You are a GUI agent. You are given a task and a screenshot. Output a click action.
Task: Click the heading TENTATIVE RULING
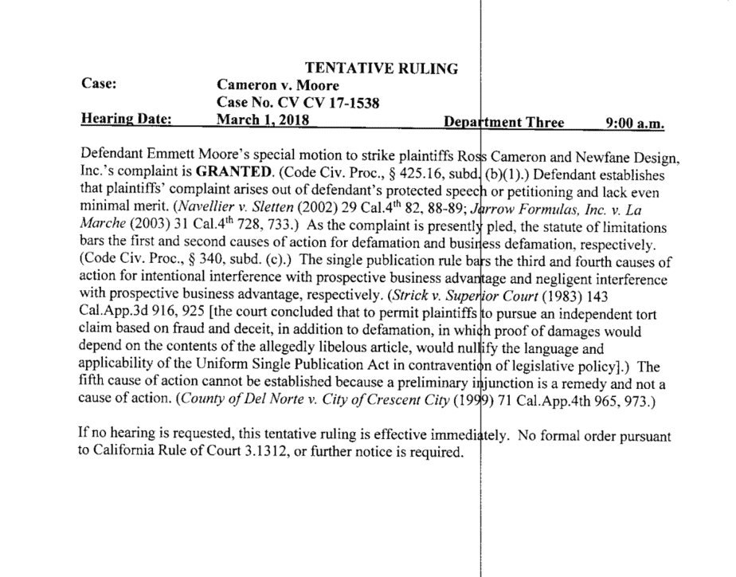pos(382,69)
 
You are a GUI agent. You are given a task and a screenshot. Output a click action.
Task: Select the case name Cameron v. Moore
pos(278,85)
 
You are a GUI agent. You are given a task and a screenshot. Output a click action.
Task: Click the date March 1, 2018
pos(263,121)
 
